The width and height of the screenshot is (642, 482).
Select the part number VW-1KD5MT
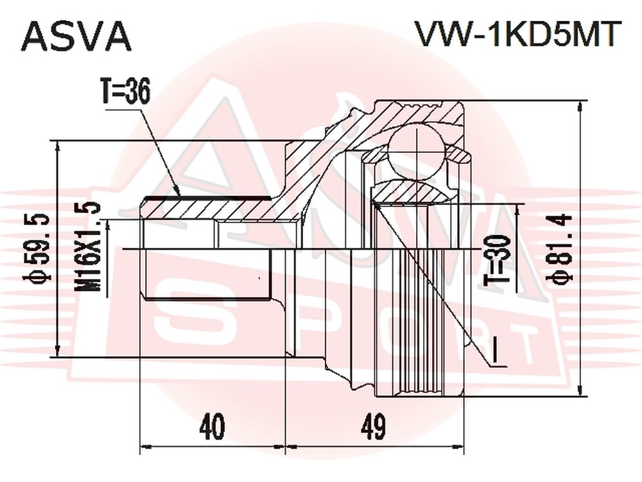point(516,34)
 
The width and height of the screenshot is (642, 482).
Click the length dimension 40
point(212,427)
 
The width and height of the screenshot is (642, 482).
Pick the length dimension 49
point(373,427)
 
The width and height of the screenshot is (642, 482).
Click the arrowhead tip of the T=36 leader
point(180,196)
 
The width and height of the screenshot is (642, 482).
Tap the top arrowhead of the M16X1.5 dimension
point(108,220)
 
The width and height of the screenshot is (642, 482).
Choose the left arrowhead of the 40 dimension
point(141,446)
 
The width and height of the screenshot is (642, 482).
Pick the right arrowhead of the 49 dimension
point(464,446)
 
